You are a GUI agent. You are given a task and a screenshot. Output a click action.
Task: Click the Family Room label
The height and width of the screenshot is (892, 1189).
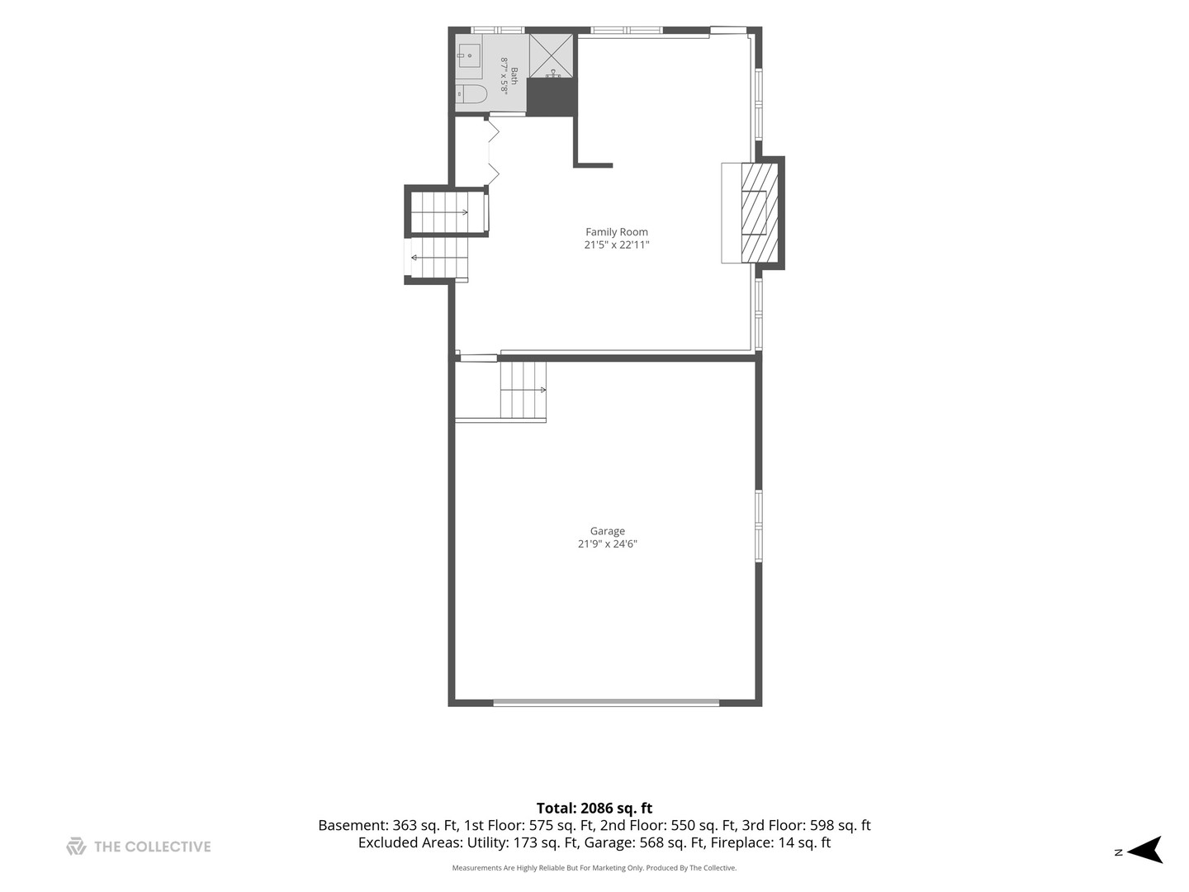pyautogui.click(x=617, y=232)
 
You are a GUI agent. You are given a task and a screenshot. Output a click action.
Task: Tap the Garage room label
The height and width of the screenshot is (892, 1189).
pyautogui.click(x=607, y=531)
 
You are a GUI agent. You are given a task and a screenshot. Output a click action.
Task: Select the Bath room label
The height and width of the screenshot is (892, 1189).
pyautogui.click(x=514, y=76)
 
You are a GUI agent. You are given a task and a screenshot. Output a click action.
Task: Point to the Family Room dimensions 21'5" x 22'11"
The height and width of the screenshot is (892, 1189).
pyautogui.click(x=617, y=244)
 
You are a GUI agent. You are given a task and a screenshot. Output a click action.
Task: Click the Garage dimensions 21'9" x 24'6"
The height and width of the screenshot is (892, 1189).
pyautogui.click(x=607, y=543)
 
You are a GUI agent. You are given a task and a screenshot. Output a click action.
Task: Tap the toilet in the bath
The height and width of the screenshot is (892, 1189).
pyautogui.click(x=471, y=93)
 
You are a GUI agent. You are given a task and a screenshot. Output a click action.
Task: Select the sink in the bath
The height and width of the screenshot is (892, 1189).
pyautogui.click(x=468, y=55)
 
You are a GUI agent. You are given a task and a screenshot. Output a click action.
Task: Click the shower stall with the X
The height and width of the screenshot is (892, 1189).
pyautogui.click(x=551, y=56)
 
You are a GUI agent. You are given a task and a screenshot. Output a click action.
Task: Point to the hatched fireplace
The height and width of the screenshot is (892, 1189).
pyautogui.click(x=760, y=213)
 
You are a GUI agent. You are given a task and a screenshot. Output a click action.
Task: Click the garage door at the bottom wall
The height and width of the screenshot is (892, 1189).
pyautogui.click(x=606, y=702)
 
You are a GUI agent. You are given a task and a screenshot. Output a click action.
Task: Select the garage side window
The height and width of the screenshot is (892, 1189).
pyautogui.click(x=759, y=526)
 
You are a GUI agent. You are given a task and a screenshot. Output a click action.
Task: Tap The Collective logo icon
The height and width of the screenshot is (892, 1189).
pyautogui.click(x=77, y=847)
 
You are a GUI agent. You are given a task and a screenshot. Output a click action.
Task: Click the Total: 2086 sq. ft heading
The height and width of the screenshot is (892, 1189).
pyautogui.click(x=594, y=809)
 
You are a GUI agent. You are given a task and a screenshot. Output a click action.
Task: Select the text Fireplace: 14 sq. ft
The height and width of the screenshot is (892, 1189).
pyautogui.click(x=770, y=842)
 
